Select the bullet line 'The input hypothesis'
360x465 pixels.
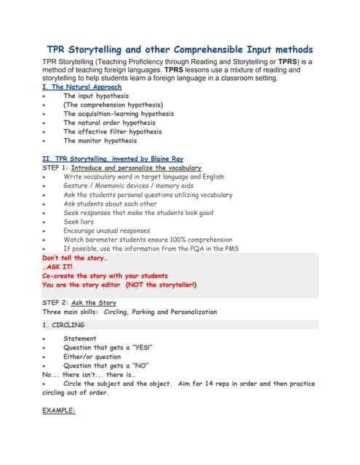pyautogui.click(x=96, y=96)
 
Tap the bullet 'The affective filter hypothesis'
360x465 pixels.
pyautogui.click(x=113, y=132)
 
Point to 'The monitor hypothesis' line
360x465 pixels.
pyautogui.click(x=101, y=141)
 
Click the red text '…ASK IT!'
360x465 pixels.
pyautogui.click(x=58, y=267)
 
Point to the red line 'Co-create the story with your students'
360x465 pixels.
pyautogui.click(x=105, y=276)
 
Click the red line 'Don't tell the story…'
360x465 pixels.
pyautogui.click(x=76, y=258)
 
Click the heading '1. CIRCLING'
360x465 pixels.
pyautogui.click(x=63, y=325)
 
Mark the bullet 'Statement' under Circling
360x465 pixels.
pyautogui.click(x=79, y=339)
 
